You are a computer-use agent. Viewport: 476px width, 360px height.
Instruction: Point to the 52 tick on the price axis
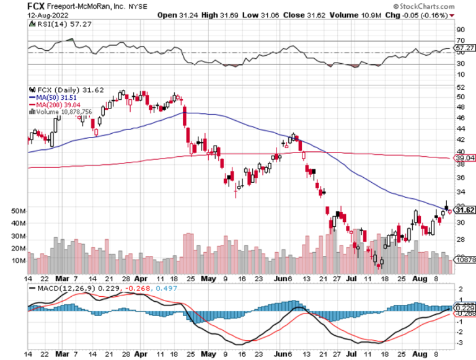[460, 96]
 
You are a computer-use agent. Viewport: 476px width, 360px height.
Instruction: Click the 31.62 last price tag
[464, 209]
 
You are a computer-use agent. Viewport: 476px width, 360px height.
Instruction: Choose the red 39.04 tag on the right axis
[464, 159]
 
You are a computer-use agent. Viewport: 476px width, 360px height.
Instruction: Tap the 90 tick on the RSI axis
[460, 29]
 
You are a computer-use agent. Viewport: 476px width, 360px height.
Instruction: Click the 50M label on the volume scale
[17, 211]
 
